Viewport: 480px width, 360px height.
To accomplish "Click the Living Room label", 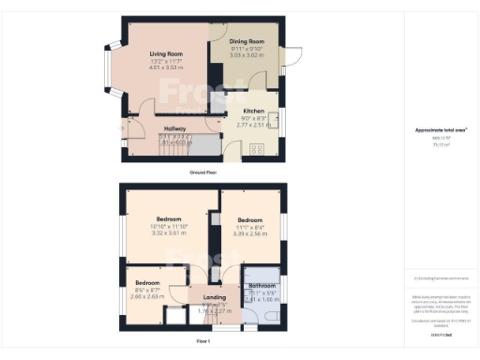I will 165,54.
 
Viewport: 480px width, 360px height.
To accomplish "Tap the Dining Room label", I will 249,42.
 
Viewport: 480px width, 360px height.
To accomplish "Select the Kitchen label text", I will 253,111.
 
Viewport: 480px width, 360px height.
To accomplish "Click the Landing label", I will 215,298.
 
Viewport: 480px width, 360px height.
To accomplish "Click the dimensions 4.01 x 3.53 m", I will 166,68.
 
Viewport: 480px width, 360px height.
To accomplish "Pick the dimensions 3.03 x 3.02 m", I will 249,56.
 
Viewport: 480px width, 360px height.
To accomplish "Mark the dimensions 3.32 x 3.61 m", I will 171,232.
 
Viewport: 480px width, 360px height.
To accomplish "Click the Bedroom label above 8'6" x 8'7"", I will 148,282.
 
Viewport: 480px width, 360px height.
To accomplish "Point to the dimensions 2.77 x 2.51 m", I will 254,124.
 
